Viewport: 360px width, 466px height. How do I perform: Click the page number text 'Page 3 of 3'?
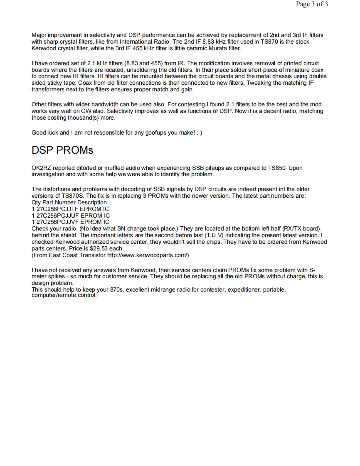(312, 5)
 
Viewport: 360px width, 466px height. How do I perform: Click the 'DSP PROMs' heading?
(62, 150)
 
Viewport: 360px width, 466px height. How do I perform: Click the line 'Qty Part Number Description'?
(69, 202)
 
